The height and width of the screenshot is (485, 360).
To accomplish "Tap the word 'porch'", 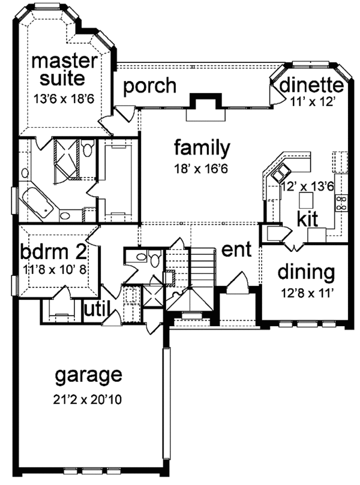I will pos(149,86).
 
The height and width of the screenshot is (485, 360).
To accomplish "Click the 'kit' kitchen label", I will pos(307,218).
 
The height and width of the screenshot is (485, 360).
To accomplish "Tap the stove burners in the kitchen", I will pos(343,203).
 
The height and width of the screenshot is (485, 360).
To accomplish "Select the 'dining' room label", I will pos(305,273).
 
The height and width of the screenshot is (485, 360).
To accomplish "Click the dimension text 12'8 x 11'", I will pos(305,294).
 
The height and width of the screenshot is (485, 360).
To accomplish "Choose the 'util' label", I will pos(96,309).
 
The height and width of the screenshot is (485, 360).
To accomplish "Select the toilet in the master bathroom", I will pos(88,150).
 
